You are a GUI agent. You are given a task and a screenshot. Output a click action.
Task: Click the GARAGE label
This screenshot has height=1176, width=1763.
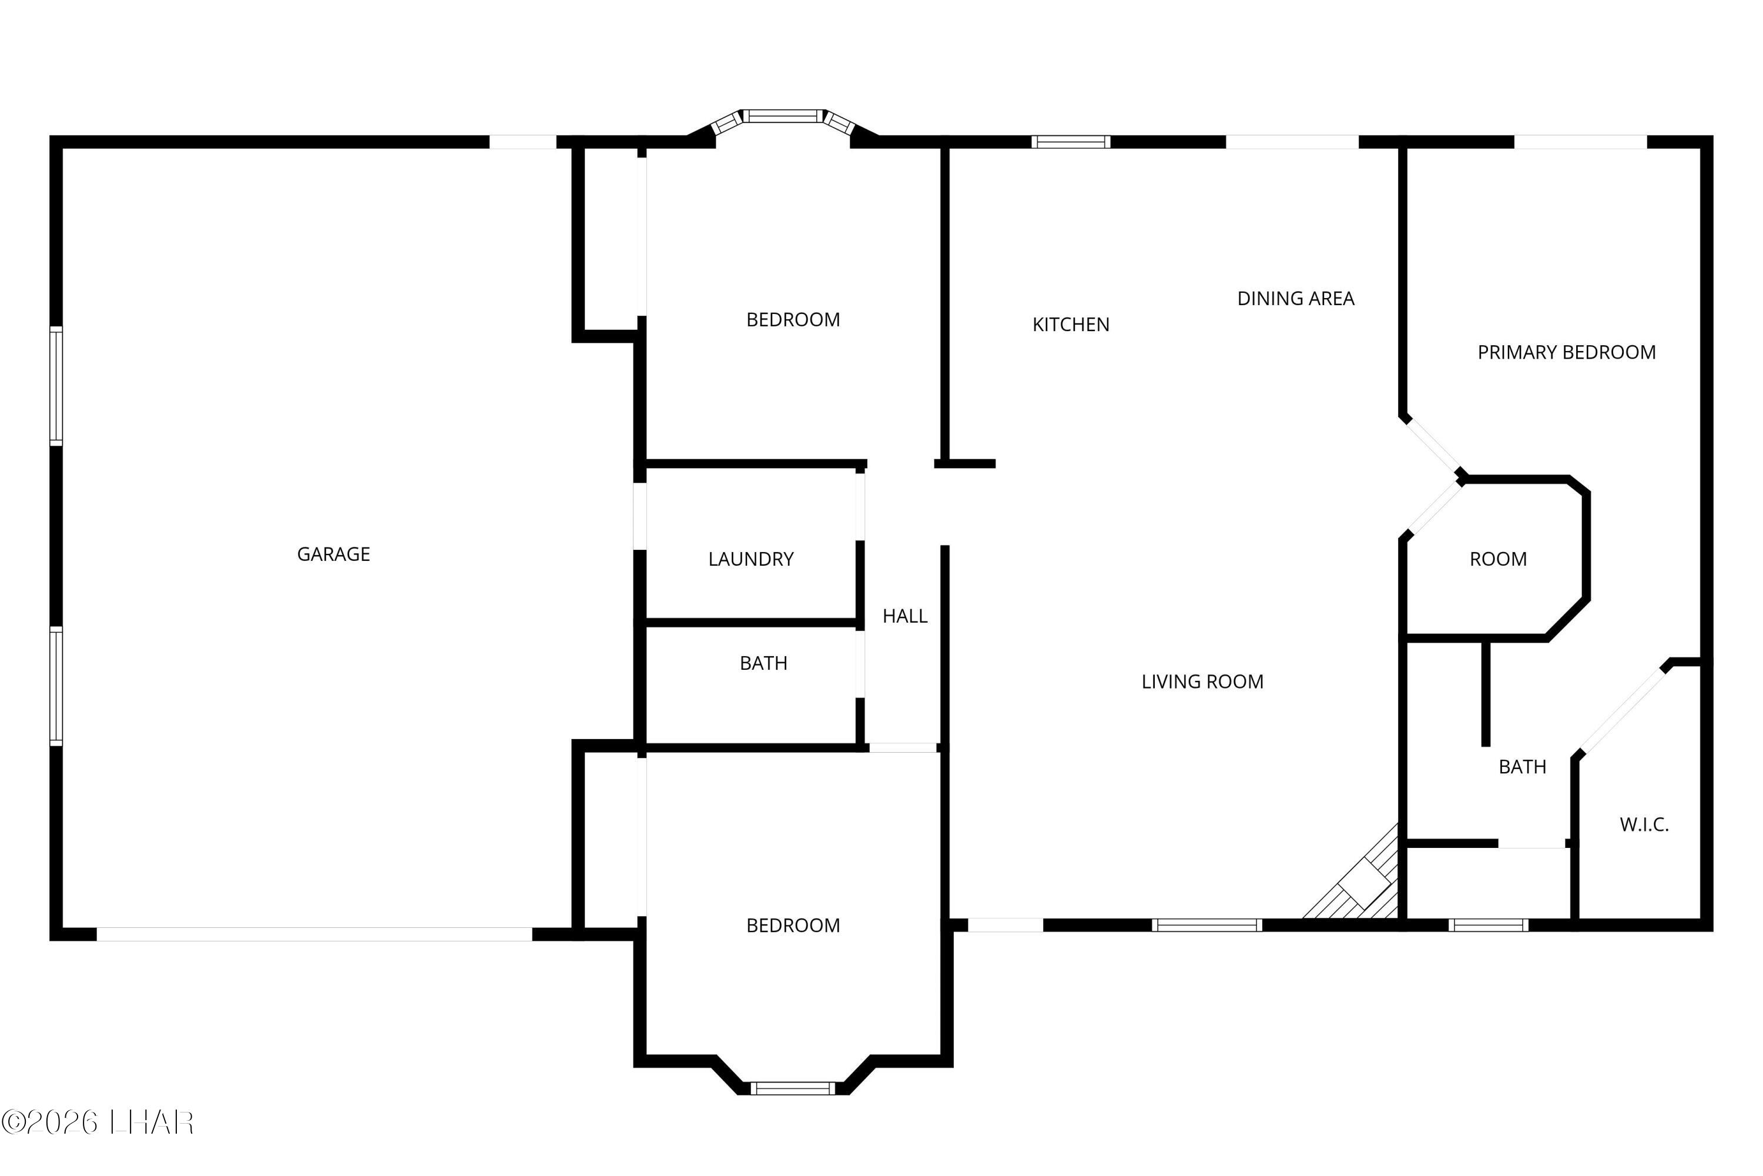[334, 554]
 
